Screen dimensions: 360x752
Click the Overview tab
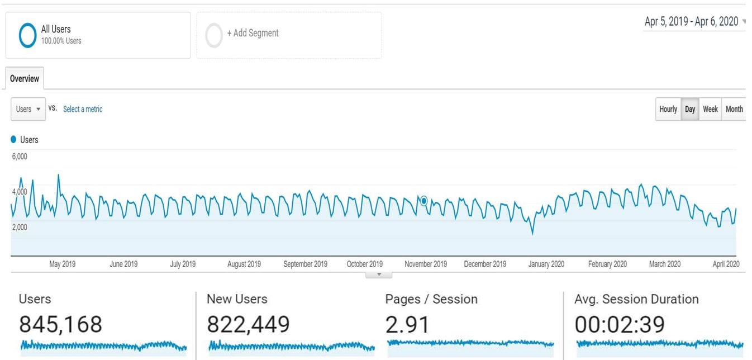click(25, 79)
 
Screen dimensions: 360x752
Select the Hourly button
click(668, 109)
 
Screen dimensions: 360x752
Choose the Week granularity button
click(710, 109)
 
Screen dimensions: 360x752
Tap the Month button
click(734, 109)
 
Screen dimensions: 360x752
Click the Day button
click(690, 109)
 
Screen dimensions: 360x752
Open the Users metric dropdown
click(28, 109)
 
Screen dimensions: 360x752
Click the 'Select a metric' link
click(83, 109)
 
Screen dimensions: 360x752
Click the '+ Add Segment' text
click(253, 33)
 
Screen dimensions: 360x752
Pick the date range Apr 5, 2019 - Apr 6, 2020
click(691, 22)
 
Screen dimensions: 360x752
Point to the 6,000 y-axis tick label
click(20, 157)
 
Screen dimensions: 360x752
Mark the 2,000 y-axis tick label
click(20, 227)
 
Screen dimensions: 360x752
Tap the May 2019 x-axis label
click(63, 264)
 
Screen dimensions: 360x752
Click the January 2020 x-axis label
click(546, 264)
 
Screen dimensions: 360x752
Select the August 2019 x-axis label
click(244, 264)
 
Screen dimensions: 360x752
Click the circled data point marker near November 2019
click(424, 201)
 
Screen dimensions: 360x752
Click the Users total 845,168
click(61, 324)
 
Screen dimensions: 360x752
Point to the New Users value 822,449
click(248, 324)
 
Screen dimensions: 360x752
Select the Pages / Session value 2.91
click(408, 324)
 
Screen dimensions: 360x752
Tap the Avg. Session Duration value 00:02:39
click(620, 324)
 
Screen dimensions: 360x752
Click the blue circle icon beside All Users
click(28, 35)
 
